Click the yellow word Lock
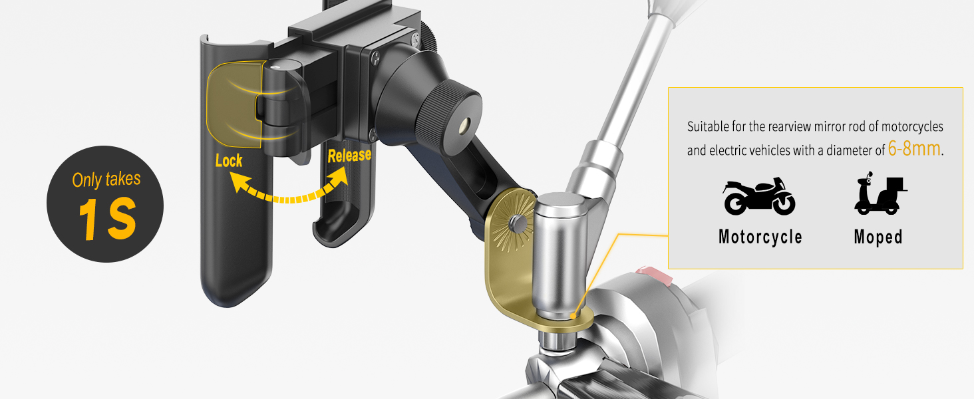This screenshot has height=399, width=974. point(229,160)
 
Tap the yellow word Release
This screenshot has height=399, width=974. point(349,156)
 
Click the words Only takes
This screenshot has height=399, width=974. point(106,180)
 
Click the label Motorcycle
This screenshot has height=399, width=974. point(760,237)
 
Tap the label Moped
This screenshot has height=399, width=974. point(878,237)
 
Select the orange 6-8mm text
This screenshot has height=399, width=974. point(915,149)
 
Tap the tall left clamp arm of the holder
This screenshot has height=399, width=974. point(226,253)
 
